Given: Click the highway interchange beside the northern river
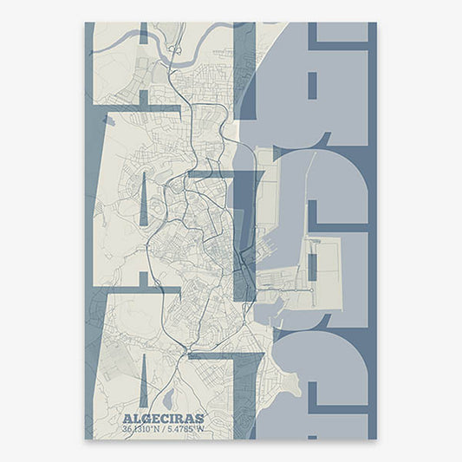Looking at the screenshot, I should click(176, 51).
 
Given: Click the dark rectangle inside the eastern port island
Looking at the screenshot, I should click(313, 260).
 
